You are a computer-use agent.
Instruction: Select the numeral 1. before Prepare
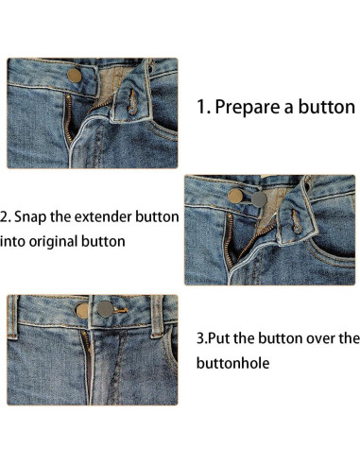(x=203, y=106)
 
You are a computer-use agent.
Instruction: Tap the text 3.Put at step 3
(x=214, y=337)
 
